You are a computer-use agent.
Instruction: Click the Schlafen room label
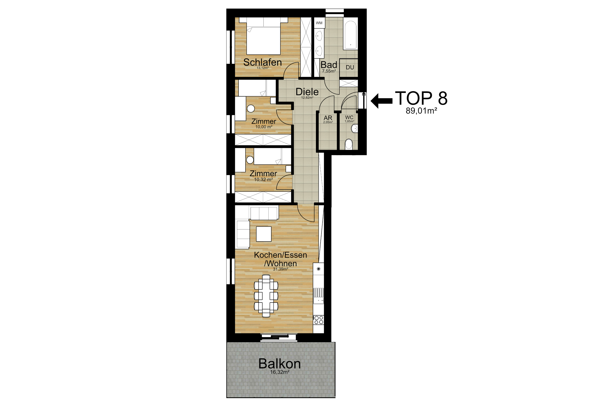[x=262, y=62]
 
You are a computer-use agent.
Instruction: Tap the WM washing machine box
[x=319, y=23]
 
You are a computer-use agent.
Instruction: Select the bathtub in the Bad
[x=350, y=35]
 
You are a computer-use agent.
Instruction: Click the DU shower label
[x=350, y=67]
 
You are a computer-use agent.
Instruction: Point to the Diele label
[x=307, y=92]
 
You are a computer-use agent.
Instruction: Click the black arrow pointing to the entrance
[x=381, y=101]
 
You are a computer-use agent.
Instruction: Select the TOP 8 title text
[x=421, y=98]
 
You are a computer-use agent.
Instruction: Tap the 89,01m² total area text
[x=421, y=111]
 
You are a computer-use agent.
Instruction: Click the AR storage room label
[x=328, y=118]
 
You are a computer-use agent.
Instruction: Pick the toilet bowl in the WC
[x=349, y=144]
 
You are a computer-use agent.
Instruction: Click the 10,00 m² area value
[x=264, y=127]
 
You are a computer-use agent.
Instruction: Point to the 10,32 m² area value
[x=263, y=180]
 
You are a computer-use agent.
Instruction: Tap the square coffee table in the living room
[x=264, y=234]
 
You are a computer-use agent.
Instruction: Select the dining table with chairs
[x=266, y=295]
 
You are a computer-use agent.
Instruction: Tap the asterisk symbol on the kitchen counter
[x=318, y=269]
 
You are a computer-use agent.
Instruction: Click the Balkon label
[x=280, y=364]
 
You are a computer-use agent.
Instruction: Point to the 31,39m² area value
[x=280, y=269]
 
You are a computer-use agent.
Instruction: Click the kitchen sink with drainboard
[x=318, y=296]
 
